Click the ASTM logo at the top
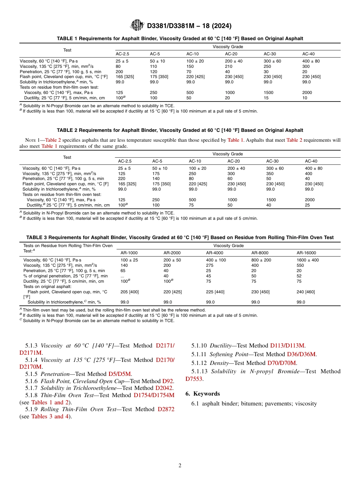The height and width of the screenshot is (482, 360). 137,25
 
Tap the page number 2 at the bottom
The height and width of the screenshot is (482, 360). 180,465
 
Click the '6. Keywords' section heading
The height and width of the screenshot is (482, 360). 202,394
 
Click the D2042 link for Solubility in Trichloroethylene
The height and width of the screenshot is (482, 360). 164,388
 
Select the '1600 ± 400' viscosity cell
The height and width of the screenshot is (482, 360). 307,260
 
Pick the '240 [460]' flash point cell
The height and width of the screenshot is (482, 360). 305,292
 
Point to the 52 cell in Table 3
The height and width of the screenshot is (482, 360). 299,276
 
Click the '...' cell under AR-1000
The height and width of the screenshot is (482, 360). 122,276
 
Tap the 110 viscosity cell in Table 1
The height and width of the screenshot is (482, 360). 153,66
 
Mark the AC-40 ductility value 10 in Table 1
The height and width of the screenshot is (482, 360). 305,98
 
